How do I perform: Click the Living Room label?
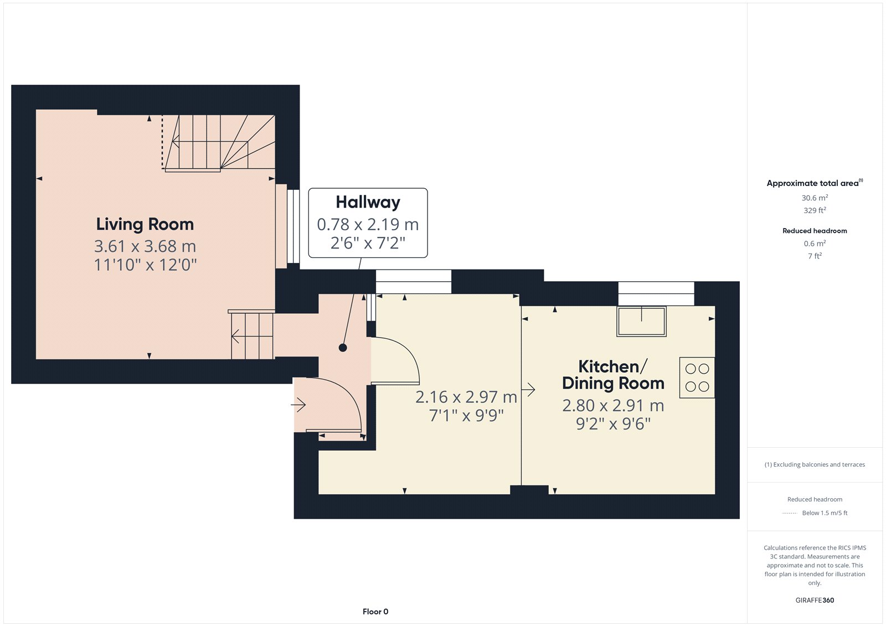(x=145, y=225)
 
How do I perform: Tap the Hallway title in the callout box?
(x=368, y=202)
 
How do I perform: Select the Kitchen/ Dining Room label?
(x=612, y=375)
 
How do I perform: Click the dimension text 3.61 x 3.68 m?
(x=145, y=246)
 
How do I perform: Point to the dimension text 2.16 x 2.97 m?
(x=466, y=397)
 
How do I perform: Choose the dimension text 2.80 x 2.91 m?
(x=612, y=406)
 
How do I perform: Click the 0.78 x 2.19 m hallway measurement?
(x=368, y=225)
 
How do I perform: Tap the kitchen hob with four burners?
(x=697, y=377)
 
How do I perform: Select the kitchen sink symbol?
(x=641, y=321)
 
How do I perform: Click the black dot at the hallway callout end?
(x=343, y=348)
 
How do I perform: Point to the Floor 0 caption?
(x=375, y=612)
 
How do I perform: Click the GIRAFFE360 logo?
(x=815, y=600)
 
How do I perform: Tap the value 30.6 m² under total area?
(x=815, y=198)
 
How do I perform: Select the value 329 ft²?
(x=815, y=210)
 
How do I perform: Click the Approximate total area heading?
(x=815, y=183)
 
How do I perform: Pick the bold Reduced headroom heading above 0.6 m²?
(x=815, y=231)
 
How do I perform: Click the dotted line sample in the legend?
(x=790, y=513)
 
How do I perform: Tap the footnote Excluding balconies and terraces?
(x=815, y=464)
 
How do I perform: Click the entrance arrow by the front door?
(x=298, y=405)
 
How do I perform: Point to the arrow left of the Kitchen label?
(x=528, y=390)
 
